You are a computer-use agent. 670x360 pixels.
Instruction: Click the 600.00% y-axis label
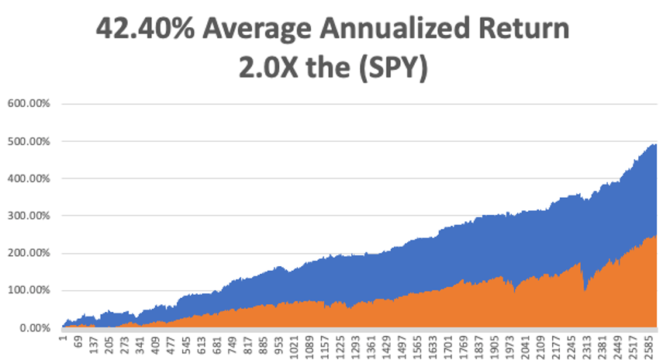pos(29,104)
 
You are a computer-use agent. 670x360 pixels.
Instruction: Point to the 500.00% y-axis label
pos(29,141)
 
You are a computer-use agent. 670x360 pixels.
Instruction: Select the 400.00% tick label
pos(29,178)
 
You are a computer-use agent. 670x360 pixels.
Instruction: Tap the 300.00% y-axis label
pos(29,216)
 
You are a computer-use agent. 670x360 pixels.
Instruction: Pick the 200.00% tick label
pos(29,254)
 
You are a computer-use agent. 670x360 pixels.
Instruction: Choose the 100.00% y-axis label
pos(29,291)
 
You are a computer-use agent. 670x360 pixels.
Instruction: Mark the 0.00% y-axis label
pos(34,328)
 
